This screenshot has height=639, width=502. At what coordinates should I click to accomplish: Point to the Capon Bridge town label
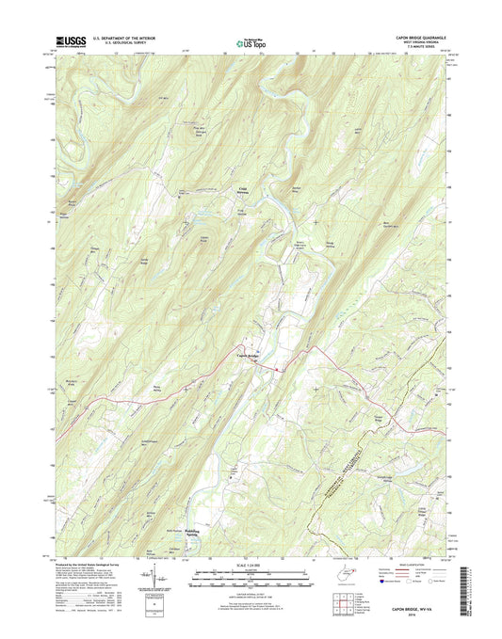[246, 355]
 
